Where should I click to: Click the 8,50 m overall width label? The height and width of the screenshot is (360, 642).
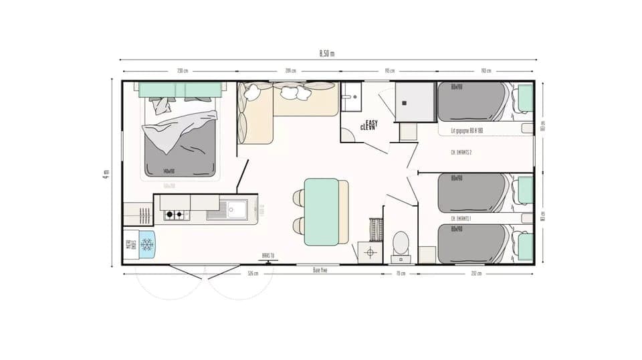tap(326, 54)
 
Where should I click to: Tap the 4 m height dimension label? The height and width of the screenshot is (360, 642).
tap(106, 173)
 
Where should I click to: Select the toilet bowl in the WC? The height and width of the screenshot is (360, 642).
tap(401, 242)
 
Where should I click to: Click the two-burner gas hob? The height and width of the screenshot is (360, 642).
tap(175, 215)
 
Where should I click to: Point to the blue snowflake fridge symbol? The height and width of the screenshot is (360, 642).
tap(146, 245)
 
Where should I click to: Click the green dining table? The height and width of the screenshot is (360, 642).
tap(321, 211)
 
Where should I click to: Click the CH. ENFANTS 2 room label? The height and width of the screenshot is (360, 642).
tap(461, 153)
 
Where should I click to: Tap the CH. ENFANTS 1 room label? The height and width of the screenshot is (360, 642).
tap(461, 218)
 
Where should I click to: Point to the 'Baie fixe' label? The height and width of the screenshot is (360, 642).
tap(320, 270)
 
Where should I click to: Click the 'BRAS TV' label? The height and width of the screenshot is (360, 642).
tap(267, 255)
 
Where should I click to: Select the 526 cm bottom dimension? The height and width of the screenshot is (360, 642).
tap(253, 273)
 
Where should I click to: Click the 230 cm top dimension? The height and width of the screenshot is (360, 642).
tap(181, 71)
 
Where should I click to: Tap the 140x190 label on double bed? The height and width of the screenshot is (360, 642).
tap(169, 171)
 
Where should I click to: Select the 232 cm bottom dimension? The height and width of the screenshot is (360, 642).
tap(475, 273)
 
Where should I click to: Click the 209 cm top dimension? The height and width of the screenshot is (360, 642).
tap(290, 71)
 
